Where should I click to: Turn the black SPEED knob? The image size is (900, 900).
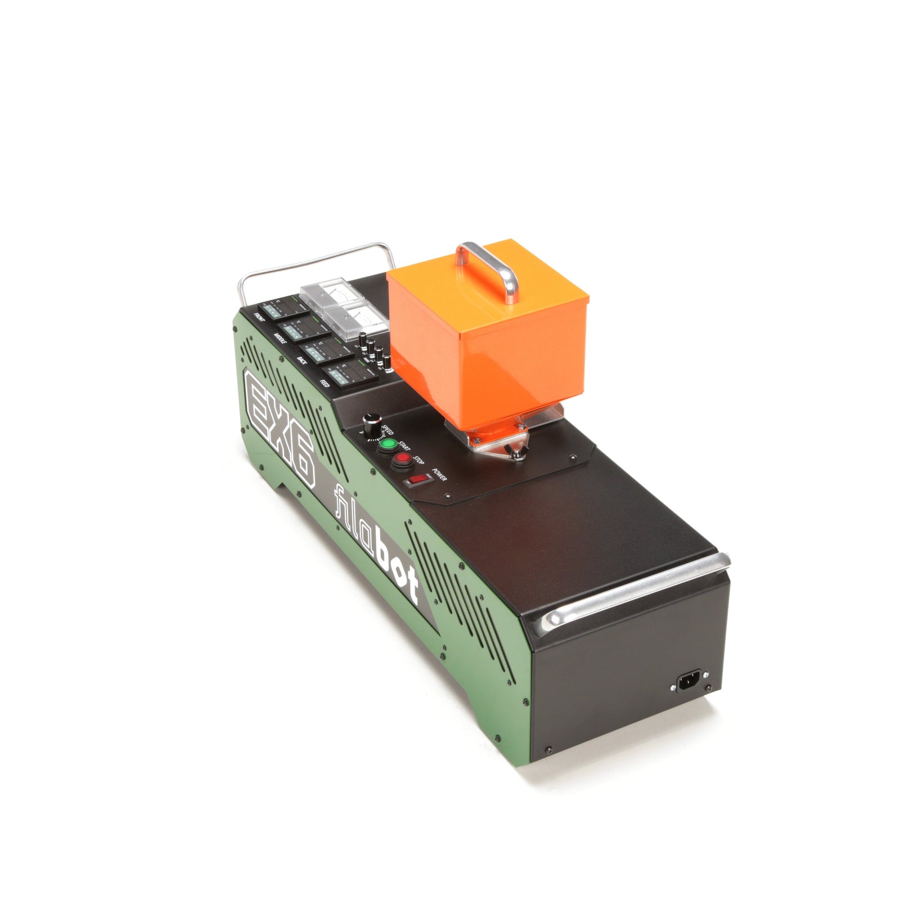click(371, 422)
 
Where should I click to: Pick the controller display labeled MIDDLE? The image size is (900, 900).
click(298, 328)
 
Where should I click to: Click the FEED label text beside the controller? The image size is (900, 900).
click(325, 385)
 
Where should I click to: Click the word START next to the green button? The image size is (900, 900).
click(404, 446)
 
